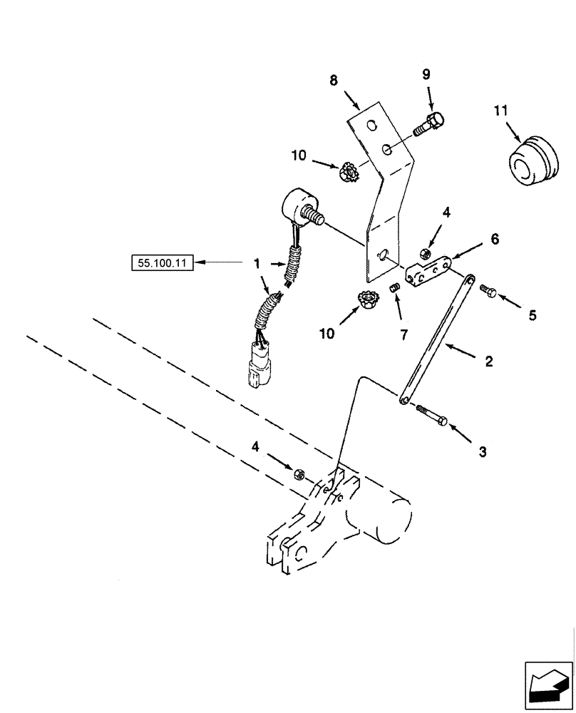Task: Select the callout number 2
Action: point(489,361)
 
